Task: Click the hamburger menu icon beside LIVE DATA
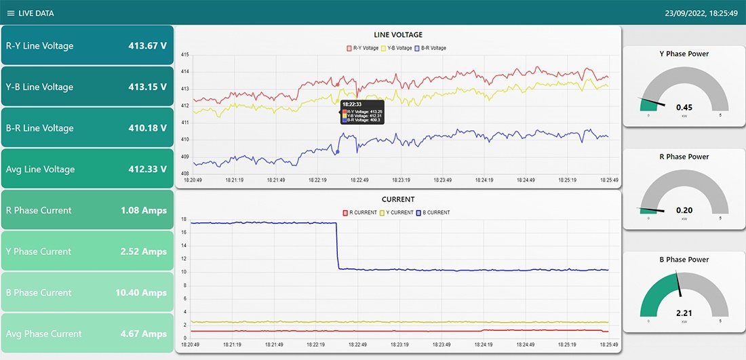tap(10, 14)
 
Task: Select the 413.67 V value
tap(147, 46)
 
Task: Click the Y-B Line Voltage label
tap(39, 87)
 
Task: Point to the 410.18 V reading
tap(147, 128)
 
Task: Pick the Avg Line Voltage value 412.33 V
tap(147, 169)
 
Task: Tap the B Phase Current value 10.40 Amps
tap(140, 293)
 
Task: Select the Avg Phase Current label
tap(43, 334)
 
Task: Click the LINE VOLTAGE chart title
tap(398, 35)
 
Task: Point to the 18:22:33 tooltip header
tap(351, 104)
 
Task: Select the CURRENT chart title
tap(398, 199)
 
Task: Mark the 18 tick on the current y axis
tap(184, 219)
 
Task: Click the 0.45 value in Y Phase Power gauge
tap(684, 107)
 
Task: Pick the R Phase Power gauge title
tap(684, 157)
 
